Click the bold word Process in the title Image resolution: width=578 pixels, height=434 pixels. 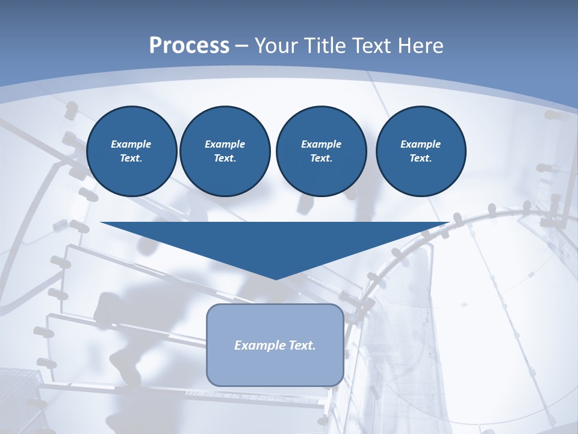click(189, 46)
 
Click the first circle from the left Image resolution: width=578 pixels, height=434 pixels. click(132, 151)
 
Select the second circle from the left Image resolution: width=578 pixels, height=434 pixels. click(225, 151)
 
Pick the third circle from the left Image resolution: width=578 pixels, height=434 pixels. click(321, 151)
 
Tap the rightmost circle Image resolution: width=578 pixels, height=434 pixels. click(420, 151)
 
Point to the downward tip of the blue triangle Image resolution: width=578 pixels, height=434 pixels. click(276, 278)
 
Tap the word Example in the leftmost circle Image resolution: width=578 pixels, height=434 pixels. click(131, 144)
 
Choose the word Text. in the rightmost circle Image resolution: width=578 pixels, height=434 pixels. click(420, 159)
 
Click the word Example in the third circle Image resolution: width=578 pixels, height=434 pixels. click(321, 144)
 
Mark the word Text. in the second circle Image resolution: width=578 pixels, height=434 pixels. click(225, 159)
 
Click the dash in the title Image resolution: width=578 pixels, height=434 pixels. click(242, 46)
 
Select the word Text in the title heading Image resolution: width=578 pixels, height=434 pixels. click(370, 46)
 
